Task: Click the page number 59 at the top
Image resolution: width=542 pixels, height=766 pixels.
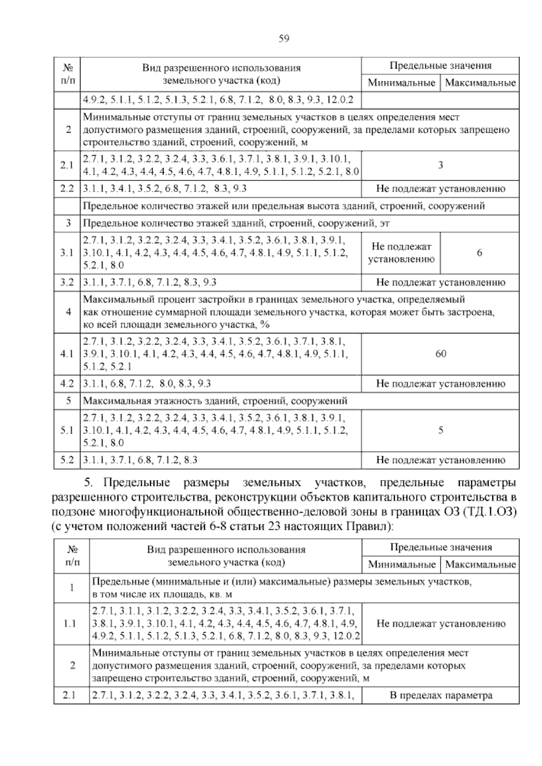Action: pos(284,38)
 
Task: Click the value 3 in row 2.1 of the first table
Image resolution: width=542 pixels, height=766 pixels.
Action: pos(440,165)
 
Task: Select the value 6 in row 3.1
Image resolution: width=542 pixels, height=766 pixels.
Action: pos(479,253)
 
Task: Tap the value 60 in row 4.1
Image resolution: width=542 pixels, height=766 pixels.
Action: pos(440,354)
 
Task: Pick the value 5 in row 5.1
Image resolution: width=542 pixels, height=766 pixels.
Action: pos(440,430)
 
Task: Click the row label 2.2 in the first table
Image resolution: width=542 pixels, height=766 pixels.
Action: pos(67,188)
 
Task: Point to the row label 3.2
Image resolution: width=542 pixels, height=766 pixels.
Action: pos(67,282)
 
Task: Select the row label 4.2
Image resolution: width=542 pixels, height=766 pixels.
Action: pos(67,384)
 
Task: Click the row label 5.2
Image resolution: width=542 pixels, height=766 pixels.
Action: pos(67,460)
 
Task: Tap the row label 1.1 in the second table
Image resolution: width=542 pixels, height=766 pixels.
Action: pos(71,624)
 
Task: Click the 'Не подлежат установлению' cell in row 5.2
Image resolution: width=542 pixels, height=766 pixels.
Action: pos(440,460)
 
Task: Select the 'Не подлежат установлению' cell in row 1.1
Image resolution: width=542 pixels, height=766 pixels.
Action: pos(440,624)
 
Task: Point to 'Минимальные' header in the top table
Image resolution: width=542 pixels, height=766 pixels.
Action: pos(401,83)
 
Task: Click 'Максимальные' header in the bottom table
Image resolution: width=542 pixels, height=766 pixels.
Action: pos(480,564)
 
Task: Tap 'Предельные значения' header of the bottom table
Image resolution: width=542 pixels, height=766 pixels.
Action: pos(440,547)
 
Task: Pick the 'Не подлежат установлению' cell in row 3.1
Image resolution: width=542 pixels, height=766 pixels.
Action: pos(401,253)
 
